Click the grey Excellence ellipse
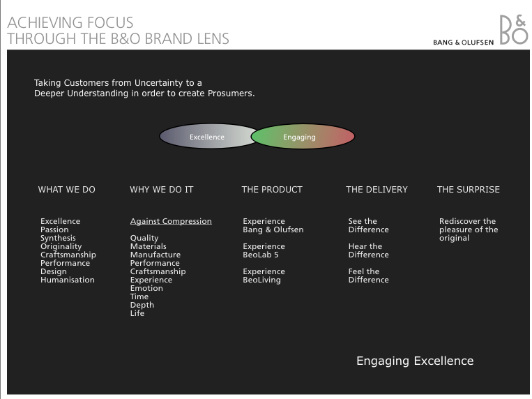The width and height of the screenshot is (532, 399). coord(207,136)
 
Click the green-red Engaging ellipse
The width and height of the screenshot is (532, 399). coord(303,136)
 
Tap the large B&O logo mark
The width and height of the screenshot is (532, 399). coord(514,29)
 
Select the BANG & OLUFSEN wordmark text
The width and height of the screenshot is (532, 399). coord(463,43)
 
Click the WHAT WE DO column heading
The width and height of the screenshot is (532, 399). coord(66,190)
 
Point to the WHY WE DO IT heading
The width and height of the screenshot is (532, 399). coord(162,190)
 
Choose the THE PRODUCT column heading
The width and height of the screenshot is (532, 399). coord(272,190)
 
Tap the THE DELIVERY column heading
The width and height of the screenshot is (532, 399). coord(377,190)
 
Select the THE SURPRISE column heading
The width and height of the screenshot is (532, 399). coord(469,190)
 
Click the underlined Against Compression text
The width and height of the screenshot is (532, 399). coord(171,221)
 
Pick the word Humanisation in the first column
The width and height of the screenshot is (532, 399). coord(68,280)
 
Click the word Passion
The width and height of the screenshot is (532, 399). coord(54,229)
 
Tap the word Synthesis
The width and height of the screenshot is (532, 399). coord(58,238)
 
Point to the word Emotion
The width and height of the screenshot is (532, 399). coord(146,288)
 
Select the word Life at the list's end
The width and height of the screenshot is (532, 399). coord(137,313)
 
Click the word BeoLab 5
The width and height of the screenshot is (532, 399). coord(261,255)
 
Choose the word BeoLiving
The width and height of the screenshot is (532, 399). coord(262,280)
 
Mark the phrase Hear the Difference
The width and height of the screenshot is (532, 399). coord(368,250)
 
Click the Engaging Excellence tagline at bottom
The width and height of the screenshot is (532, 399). coord(415,361)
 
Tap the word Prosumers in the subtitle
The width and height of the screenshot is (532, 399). coord(231,93)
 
